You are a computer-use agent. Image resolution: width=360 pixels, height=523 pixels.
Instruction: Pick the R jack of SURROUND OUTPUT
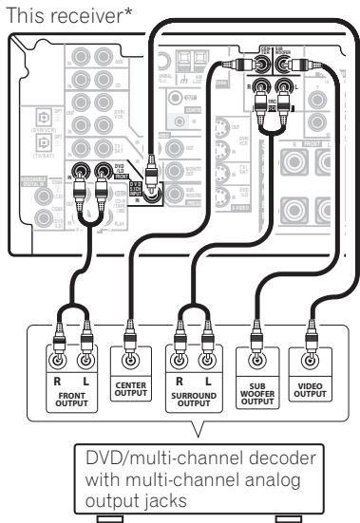(179, 362)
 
